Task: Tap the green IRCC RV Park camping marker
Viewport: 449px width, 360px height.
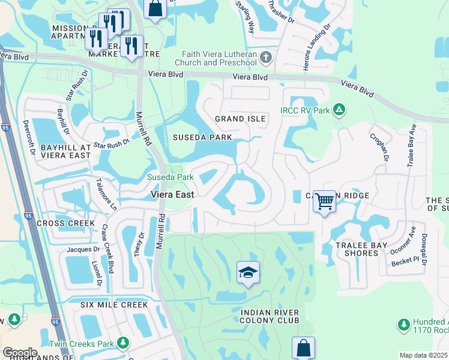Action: click(339, 110)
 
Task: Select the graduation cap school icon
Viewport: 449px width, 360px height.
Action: click(248, 274)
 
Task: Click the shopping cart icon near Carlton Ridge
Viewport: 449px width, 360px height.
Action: click(324, 201)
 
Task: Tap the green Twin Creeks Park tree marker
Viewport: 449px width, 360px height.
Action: click(122, 342)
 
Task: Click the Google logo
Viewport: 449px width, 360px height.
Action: click(20, 353)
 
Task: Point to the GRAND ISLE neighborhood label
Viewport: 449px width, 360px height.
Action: click(240, 119)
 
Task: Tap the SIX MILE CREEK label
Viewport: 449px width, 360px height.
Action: click(114, 305)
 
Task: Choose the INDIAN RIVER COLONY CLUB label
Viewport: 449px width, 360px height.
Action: click(270, 316)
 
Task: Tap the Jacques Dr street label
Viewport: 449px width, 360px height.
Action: click(83, 249)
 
